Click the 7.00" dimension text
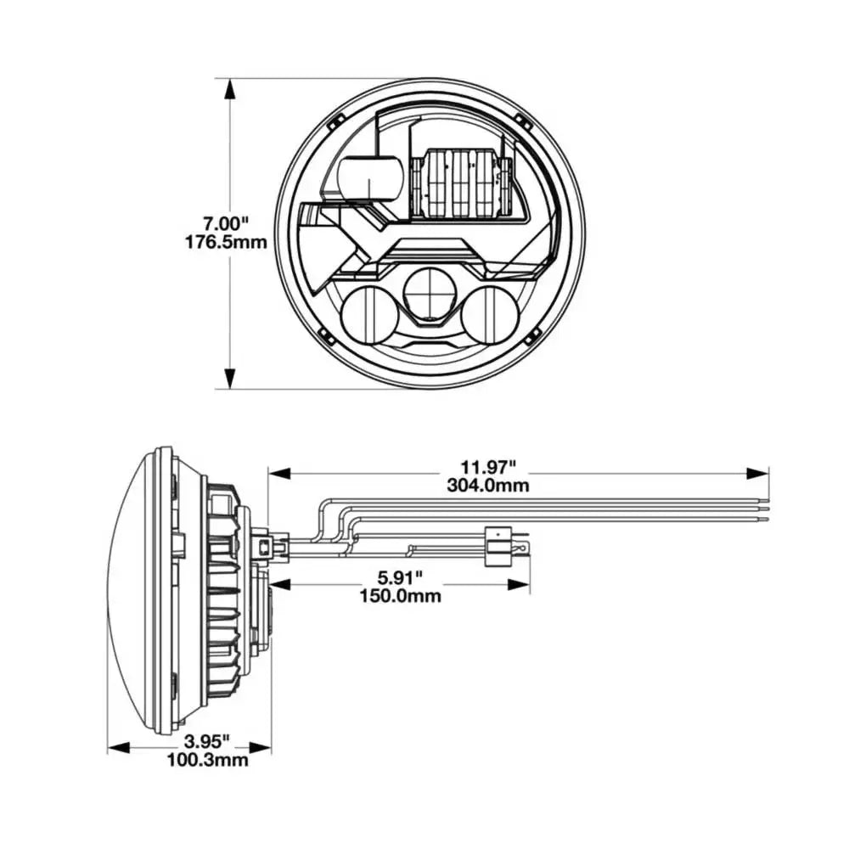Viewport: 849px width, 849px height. coord(226,224)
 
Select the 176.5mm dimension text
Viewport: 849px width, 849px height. coord(226,242)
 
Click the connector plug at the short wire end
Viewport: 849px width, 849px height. coord(495,543)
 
